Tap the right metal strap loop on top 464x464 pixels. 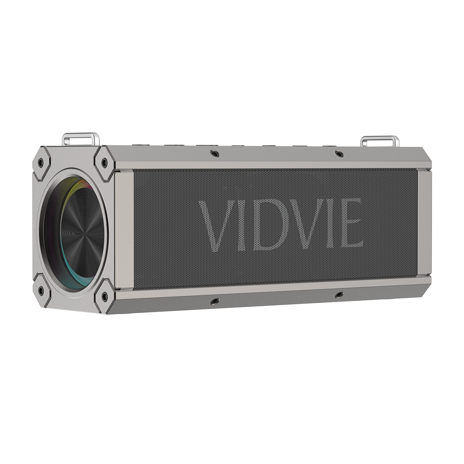pyautogui.click(x=379, y=140)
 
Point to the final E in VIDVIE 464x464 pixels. pyautogui.click(x=350, y=223)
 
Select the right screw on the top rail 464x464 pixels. pyautogui.click(x=339, y=154)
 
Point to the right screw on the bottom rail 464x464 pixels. pyautogui.click(x=339, y=295)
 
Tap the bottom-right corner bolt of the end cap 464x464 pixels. pyautogui.click(x=104, y=296)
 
